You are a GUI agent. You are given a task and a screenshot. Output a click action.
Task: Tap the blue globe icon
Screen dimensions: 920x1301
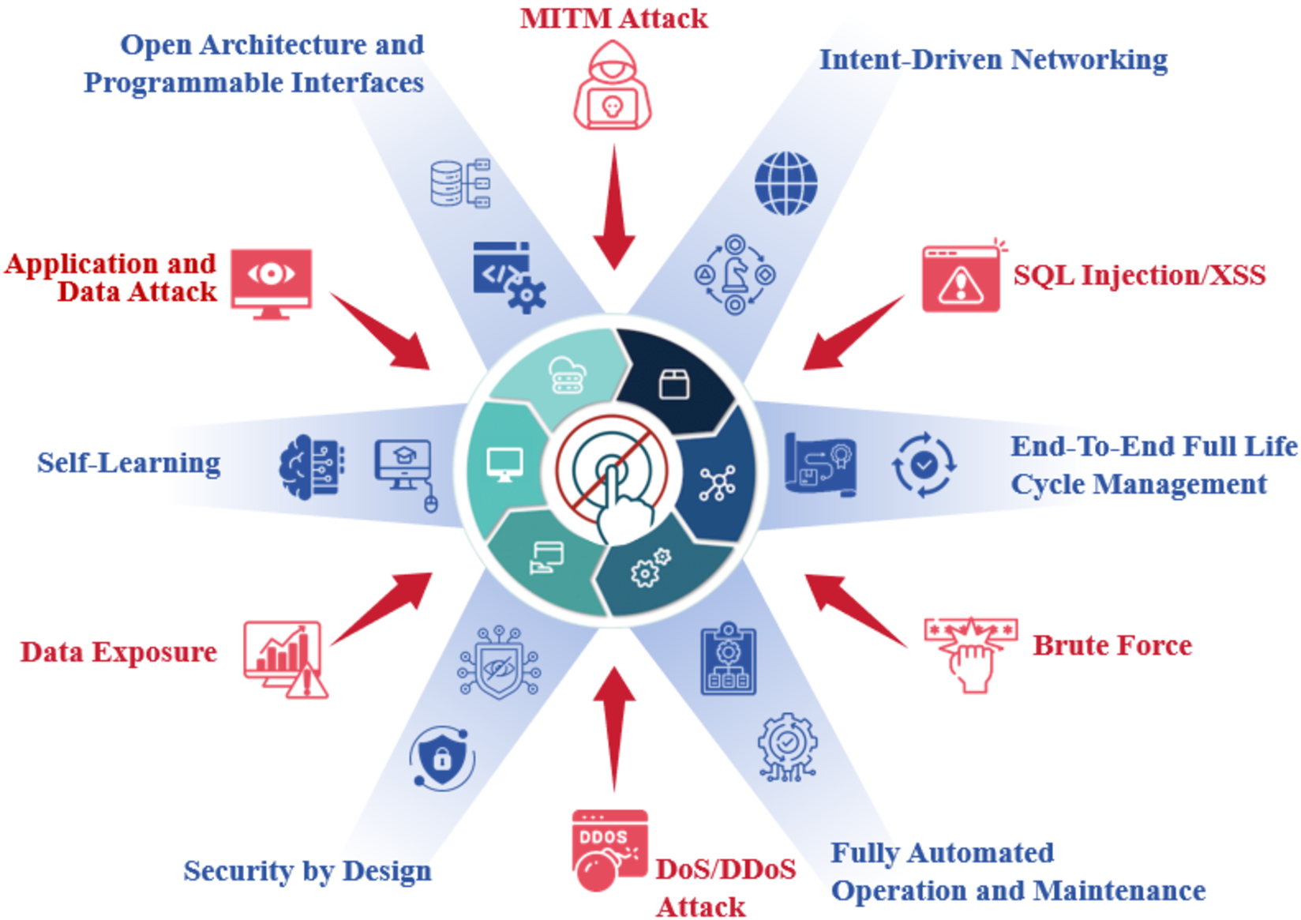click(785, 183)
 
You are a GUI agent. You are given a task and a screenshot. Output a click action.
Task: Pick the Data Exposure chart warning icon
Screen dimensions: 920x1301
click(285, 659)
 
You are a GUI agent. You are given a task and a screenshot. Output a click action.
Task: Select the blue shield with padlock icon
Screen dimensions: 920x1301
click(442, 758)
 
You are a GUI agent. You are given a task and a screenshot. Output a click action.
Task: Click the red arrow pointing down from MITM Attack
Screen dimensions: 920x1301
click(613, 209)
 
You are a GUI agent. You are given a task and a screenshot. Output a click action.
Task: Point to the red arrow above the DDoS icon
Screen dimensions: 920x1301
click(613, 727)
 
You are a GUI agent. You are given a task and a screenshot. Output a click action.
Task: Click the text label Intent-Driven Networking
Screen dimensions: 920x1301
click(993, 59)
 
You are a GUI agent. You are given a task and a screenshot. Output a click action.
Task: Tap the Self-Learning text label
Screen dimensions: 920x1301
click(129, 463)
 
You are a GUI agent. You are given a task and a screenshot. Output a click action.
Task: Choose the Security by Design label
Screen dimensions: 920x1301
click(307, 870)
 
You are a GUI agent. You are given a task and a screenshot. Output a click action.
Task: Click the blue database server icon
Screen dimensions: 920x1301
click(460, 183)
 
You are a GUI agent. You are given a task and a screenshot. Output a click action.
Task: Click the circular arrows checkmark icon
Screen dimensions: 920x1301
click(924, 464)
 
